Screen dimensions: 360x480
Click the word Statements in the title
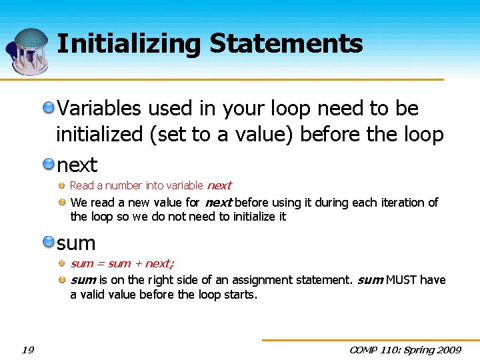tap(286, 45)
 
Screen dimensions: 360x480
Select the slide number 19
tap(27, 350)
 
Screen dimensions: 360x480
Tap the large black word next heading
tap(77, 165)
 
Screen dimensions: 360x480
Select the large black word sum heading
tap(76, 243)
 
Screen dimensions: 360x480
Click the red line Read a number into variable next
tap(151, 186)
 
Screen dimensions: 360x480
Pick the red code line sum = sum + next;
tap(122, 264)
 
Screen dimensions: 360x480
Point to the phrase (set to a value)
tap(223, 135)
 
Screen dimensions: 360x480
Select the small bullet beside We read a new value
tap(61, 202)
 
